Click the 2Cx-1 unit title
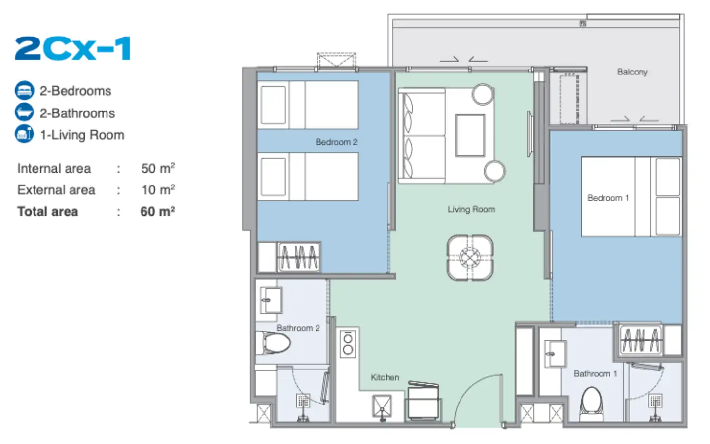click(72, 48)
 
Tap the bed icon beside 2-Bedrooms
click(24, 91)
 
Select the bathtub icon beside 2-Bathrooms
click(24, 112)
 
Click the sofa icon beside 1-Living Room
click(24, 134)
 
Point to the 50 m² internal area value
click(158, 168)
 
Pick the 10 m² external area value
click(158, 189)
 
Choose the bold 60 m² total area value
click(158, 211)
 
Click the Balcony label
click(632, 72)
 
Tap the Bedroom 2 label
click(336, 142)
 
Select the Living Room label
click(471, 209)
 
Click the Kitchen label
click(385, 377)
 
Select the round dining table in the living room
click(470, 258)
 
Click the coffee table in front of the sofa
click(470, 136)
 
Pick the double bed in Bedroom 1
click(632, 197)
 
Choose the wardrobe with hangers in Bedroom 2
click(299, 257)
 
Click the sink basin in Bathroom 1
click(555, 354)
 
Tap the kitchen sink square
click(382, 406)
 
